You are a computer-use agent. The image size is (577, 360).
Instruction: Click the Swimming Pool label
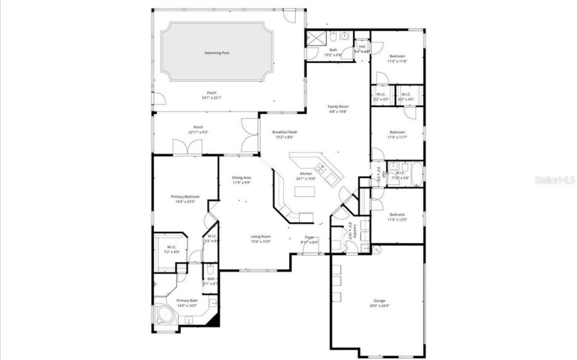coord(217,53)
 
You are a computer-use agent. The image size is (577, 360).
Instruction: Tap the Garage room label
coord(379,301)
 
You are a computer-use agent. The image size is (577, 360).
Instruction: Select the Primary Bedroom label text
coord(185,196)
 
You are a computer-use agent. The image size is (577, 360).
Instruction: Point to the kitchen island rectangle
coord(304,191)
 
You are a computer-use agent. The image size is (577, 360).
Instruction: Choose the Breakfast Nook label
coord(284,132)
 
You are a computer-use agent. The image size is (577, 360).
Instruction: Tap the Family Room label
coord(338,107)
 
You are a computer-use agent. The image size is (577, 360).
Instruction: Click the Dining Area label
coord(242,178)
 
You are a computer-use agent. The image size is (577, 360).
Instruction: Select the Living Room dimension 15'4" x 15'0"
coord(261,242)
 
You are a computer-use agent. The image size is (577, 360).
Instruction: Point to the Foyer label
coord(309,237)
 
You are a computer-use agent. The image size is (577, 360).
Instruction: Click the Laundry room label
coord(355,232)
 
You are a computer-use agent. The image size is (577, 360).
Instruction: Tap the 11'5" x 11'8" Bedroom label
coord(397,56)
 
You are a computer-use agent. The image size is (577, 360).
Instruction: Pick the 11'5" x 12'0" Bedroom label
coord(397,214)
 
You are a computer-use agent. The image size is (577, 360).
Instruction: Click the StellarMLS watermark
coord(555,180)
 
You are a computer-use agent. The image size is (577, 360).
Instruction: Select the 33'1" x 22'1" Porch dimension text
coord(211,98)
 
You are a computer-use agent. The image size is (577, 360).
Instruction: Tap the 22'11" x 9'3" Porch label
coord(198,127)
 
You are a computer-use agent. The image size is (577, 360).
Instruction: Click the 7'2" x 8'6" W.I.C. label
coord(172,247)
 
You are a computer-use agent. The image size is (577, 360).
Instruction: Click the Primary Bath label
coord(187,301)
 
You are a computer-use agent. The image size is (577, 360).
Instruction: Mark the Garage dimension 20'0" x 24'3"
coord(379,305)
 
